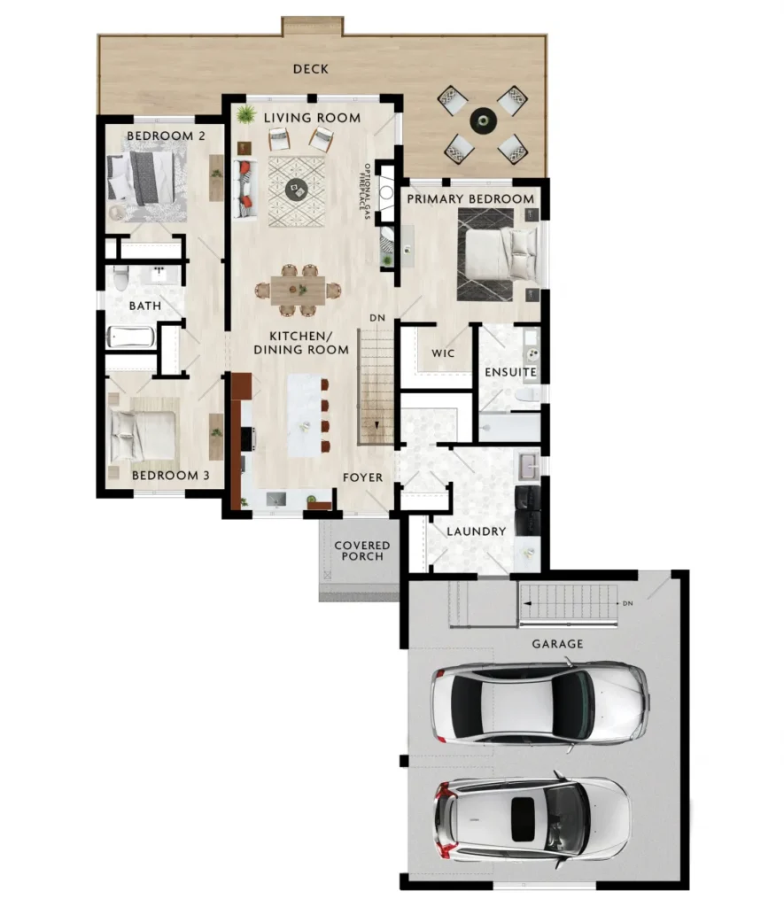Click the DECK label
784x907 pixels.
[311, 69]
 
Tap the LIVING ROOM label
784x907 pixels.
[313, 118]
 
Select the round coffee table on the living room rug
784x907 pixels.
[296, 188]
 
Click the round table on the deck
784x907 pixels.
[483, 120]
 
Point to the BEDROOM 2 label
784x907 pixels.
[166, 136]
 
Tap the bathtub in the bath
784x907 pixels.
[131, 337]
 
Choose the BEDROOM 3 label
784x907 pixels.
[171, 476]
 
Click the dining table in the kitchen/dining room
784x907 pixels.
[298, 290]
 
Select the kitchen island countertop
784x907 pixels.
[305, 415]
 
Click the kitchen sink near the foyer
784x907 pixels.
[276, 499]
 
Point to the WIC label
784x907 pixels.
[443, 353]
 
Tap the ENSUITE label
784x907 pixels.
[510, 372]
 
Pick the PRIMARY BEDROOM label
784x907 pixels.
[470, 199]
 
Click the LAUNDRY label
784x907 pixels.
[477, 531]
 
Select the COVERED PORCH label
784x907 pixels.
[362, 551]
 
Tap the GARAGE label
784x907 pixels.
[558, 644]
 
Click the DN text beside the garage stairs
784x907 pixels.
[628, 603]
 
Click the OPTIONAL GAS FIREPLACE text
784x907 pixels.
[366, 191]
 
